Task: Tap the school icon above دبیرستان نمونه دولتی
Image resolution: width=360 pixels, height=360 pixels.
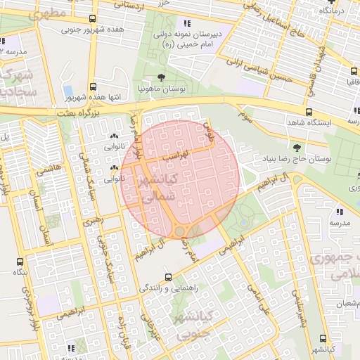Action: [186, 22]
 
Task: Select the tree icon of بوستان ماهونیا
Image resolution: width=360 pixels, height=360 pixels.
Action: [161, 77]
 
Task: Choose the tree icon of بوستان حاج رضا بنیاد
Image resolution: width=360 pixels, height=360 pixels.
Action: [296, 147]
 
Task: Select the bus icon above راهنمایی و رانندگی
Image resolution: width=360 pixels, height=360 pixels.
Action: [167, 277]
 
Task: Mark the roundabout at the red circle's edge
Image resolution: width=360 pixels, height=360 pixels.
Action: [180, 231]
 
